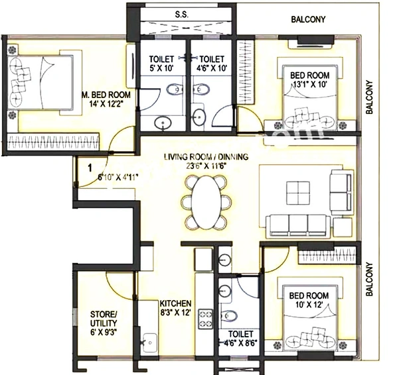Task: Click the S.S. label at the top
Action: (182, 15)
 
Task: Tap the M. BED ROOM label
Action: (106, 95)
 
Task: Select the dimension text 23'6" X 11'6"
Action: (206, 166)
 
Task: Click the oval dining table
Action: (206, 202)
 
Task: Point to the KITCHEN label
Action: (175, 303)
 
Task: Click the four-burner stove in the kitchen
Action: (205, 319)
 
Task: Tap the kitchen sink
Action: (150, 343)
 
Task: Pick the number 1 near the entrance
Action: (90, 168)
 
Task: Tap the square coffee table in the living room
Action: (298, 193)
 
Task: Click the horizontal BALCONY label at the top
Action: (308, 19)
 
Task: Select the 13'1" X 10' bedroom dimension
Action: (310, 85)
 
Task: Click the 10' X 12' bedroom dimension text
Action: (309, 305)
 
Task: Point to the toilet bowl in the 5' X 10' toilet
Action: (175, 89)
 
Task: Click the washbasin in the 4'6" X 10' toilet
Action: (199, 117)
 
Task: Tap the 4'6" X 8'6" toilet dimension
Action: (240, 343)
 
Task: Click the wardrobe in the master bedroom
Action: (53, 142)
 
